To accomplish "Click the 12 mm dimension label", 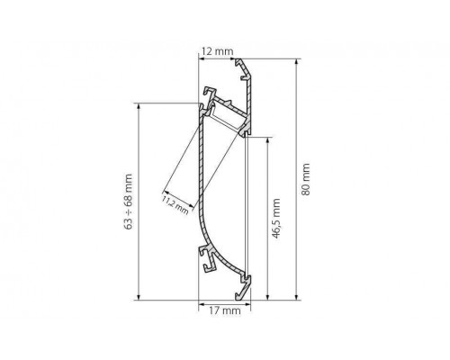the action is (x=217, y=51).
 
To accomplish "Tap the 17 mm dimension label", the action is (x=225, y=310).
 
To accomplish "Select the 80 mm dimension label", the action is (x=305, y=179).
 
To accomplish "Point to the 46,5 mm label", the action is (x=276, y=219).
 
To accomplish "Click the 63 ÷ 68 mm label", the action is (x=128, y=202).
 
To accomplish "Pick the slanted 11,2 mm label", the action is (x=175, y=205).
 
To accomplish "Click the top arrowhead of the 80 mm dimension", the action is (x=296, y=62).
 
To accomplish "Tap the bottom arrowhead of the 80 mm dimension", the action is (x=296, y=296).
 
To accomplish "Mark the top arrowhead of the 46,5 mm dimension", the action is (x=267, y=140).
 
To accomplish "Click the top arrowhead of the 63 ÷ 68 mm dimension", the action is (x=139, y=107).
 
